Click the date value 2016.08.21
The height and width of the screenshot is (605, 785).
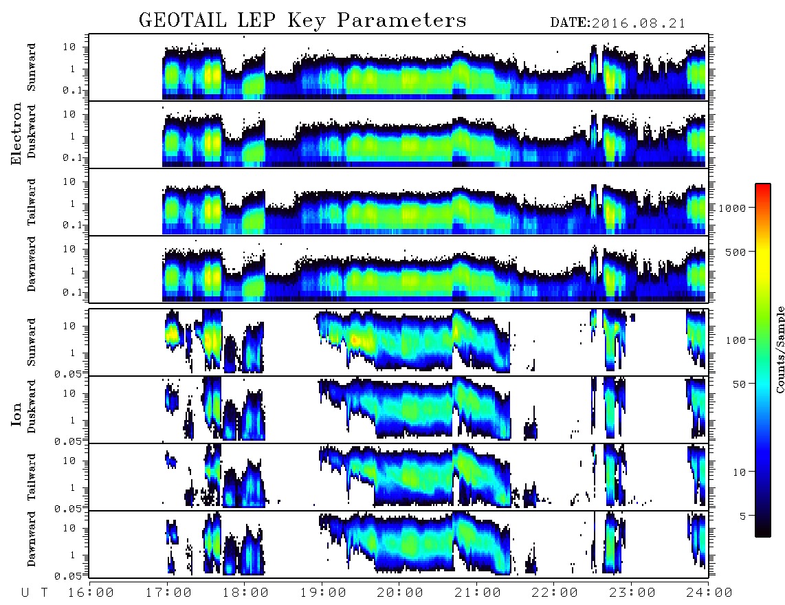(x=639, y=23)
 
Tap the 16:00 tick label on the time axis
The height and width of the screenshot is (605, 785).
(x=91, y=593)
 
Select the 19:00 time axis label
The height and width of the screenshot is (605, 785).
(x=323, y=593)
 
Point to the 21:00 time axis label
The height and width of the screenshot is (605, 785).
(x=478, y=593)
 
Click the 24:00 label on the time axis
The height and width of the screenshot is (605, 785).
(x=709, y=593)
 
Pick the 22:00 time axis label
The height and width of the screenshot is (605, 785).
(x=555, y=593)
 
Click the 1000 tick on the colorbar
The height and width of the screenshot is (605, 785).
(x=733, y=208)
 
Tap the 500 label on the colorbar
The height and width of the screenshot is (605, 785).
(x=736, y=252)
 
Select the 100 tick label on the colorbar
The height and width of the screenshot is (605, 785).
(x=736, y=340)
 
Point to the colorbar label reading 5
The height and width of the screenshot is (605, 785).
(x=743, y=516)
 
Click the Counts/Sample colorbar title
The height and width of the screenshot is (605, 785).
(x=780, y=349)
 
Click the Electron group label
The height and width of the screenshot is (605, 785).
(x=16, y=134)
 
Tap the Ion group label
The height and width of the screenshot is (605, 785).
(x=16, y=415)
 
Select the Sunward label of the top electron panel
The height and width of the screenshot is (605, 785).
(x=32, y=67)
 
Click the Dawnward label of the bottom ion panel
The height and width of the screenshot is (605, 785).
(x=32, y=539)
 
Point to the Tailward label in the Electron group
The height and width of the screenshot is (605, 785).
(x=32, y=202)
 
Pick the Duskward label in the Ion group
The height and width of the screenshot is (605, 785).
(x=32, y=406)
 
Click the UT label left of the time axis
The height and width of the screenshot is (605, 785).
(x=35, y=593)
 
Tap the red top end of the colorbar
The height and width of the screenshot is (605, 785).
(x=762, y=186)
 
